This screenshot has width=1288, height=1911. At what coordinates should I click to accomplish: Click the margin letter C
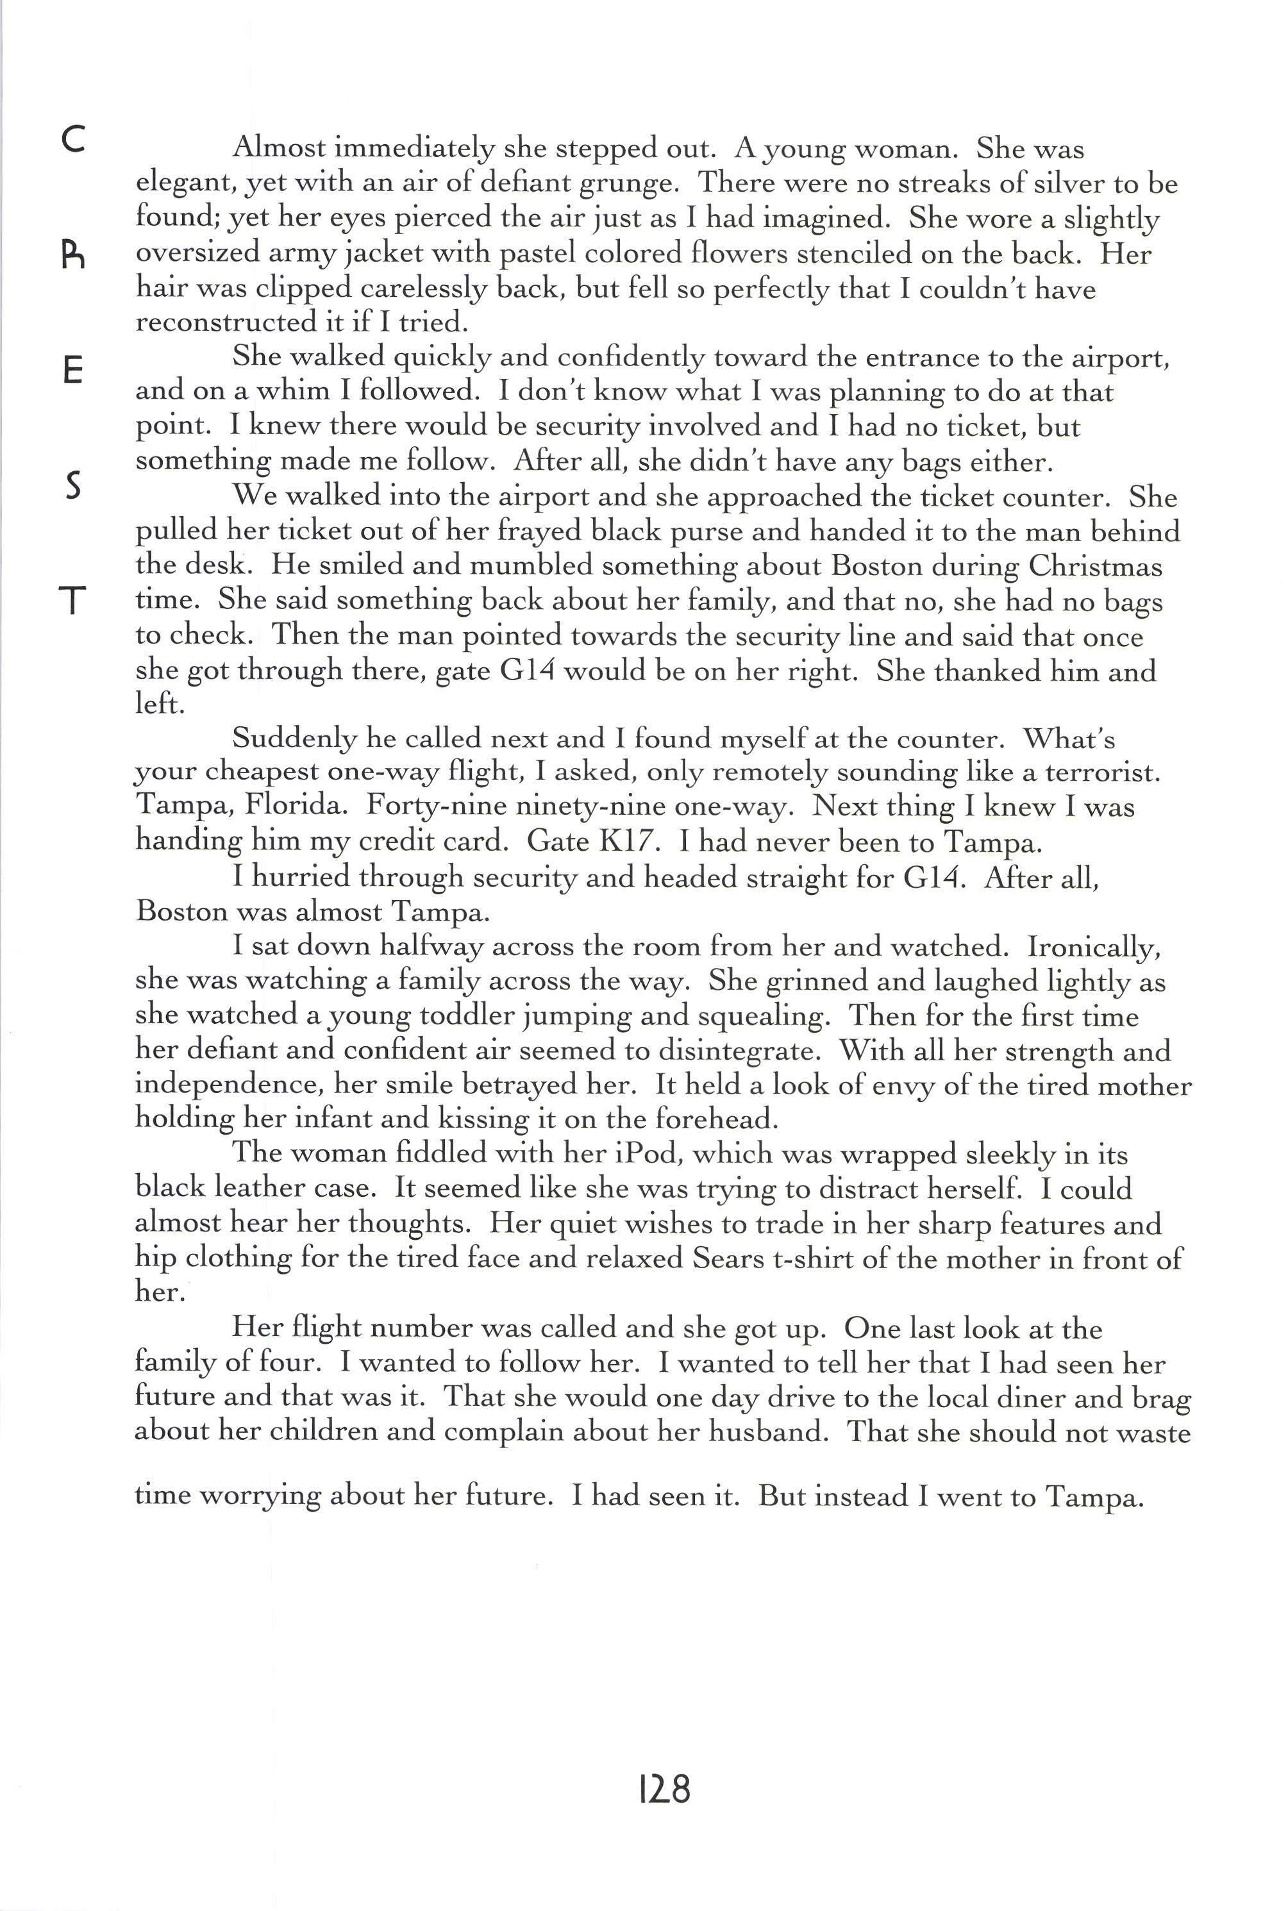[x=73, y=140]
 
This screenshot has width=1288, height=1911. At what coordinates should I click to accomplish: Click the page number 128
[x=664, y=1789]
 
